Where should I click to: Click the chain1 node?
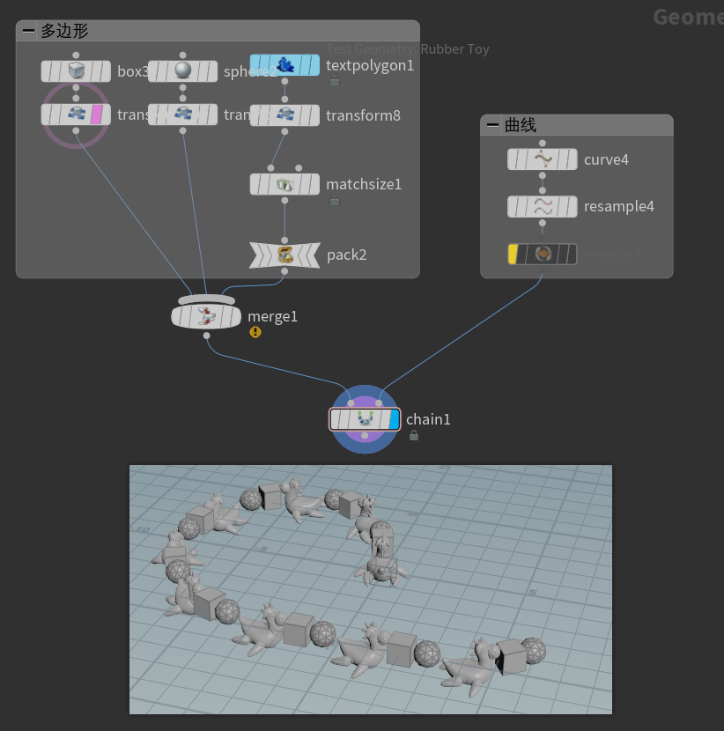point(363,419)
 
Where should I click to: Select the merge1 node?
point(206,315)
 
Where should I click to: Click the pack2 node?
point(284,255)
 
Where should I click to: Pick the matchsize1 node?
point(284,184)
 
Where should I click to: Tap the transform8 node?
point(284,114)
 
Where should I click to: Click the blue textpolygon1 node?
point(284,65)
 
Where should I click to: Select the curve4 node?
point(542,159)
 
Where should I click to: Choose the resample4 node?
point(542,206)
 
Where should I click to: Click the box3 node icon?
point(77,70)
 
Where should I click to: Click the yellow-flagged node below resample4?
point(542,254)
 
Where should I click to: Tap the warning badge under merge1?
point(255,332)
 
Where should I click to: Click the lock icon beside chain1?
point(413,435)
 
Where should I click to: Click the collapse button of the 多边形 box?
point(28,31)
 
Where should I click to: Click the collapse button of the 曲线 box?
point(492,126)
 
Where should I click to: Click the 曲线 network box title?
point(521,126)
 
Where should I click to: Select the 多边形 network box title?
point(64,31)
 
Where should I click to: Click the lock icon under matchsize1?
point(334,201)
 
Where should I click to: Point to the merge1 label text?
point(272,316)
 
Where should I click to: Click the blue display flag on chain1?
point(394,419)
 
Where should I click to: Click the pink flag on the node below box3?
point(97,114)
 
